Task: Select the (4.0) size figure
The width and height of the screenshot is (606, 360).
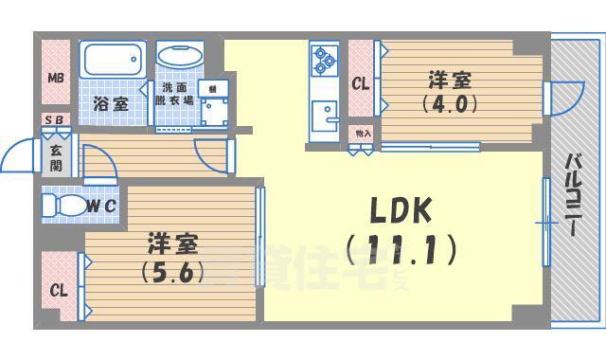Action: (449, 104)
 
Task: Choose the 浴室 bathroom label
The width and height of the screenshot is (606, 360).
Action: (112, 104)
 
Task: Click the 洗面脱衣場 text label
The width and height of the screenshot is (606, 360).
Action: (176, 93)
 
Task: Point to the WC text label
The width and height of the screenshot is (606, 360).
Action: (102, 205)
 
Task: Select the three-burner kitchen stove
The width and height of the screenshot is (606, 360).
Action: (325, 61)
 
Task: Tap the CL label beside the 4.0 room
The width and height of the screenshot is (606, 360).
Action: (360, 83)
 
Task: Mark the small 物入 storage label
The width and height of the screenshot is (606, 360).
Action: (361, 134)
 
